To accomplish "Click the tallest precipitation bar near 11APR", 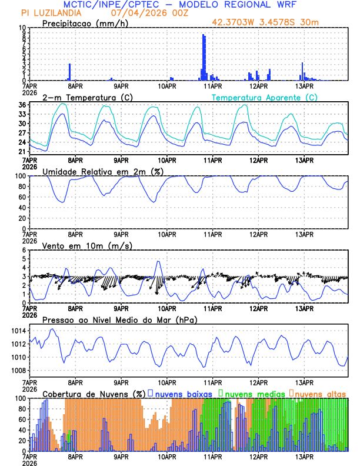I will pos(204,58).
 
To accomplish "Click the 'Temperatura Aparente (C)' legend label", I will pos(264,97).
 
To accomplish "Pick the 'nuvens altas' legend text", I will pos(321,394).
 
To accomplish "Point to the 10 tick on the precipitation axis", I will pos(22,28).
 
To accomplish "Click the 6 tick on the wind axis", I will pos(24,250).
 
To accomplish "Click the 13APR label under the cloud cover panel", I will pos(304,456).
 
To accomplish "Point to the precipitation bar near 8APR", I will pos(69,72).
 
